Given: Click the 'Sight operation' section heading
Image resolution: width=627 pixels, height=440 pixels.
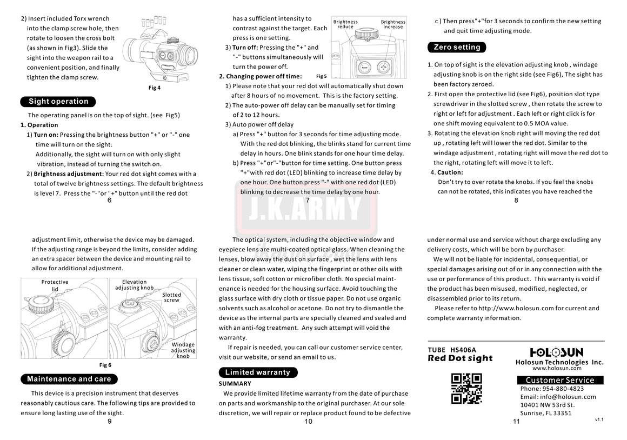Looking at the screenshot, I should (58, 102).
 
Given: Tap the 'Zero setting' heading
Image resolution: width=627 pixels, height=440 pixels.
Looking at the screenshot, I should (457, 47).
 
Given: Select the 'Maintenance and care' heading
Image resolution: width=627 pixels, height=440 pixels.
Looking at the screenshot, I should (69, 379).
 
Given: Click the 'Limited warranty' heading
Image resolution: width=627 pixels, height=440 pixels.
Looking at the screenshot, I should (257, 372).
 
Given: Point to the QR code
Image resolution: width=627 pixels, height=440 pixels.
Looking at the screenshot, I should (466, 388).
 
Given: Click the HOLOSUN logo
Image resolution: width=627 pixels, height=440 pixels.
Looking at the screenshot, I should (556, 352).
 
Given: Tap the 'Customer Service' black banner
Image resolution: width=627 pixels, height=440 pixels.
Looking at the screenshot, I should (559, 380).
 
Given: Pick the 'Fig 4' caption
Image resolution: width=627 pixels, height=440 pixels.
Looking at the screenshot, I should (155, 88).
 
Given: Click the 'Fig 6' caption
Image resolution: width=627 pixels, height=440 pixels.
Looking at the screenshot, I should (105, 365).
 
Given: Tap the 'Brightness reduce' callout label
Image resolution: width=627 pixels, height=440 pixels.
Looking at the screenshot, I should (345, 24).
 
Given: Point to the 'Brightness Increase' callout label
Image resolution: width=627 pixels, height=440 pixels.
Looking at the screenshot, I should (393, 24).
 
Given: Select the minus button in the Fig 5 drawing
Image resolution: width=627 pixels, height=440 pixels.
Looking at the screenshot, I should (364, 68).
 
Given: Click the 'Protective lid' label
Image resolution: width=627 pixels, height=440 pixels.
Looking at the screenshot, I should (55, 285).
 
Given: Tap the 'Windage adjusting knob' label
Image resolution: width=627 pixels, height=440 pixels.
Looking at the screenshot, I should (183, 350).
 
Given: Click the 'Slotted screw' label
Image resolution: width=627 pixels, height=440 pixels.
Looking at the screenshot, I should (172, 297).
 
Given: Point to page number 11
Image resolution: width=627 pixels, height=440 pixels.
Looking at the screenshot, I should (516, 422).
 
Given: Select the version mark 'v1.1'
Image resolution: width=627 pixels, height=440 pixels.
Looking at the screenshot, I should (599, 419).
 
